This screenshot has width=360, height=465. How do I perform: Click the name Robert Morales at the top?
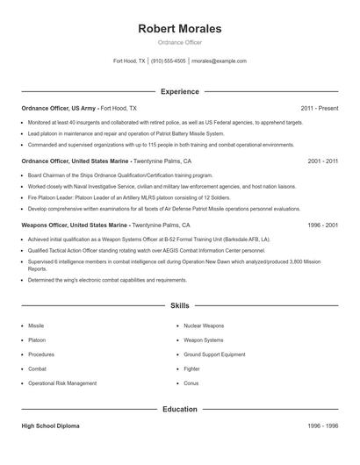click(x=180, y=28)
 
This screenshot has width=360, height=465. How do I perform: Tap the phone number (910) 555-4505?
click(x=169, y=61)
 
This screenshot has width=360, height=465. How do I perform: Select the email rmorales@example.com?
click(x=219, y=61)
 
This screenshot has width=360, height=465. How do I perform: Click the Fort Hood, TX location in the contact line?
click(x=130, y=61)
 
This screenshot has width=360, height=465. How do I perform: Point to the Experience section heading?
click(x=180, y=91)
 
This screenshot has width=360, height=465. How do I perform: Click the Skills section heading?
click(x=180, y=305)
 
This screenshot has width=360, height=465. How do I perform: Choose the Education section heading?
click(x=180, y=409)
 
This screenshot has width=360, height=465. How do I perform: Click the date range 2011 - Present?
click(x=319, y=108)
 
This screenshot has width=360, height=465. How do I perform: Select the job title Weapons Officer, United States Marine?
click(x=74, y=225)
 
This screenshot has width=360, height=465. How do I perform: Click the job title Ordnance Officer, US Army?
click(x=59, y=108)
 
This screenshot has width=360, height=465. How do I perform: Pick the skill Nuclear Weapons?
click(x=204, y=325)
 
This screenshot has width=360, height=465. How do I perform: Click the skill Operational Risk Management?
click(x=62, y=383)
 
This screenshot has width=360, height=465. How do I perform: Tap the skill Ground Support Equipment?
click(x=215, y=354)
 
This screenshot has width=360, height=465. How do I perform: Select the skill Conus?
click(x=191, y=383)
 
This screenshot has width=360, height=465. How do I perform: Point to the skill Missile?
click(x=36, y=325)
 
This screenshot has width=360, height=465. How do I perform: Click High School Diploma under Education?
click(x=50, y=426)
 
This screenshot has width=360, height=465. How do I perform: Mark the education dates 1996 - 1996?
click(x=323, y=426)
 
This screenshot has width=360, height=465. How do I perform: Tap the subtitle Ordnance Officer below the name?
click(x=180, y=42)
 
